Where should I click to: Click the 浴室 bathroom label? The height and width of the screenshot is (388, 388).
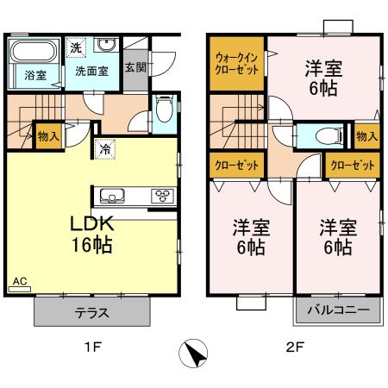(34, 75)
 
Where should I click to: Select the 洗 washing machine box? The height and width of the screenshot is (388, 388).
(76, 47)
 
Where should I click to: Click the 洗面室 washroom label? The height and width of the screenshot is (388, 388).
(91, 71)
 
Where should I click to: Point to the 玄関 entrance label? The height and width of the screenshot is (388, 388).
(135, 67)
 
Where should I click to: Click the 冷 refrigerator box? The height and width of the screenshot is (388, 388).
(104, 147)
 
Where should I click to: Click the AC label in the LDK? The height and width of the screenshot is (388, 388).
(19, 281)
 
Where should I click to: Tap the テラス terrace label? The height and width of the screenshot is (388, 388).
(84, 310)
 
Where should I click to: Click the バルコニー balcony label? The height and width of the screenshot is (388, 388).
(341, 310)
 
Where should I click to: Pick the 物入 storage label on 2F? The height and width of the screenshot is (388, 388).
(366, 136)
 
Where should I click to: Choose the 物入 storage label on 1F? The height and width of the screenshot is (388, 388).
(49, 136)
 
